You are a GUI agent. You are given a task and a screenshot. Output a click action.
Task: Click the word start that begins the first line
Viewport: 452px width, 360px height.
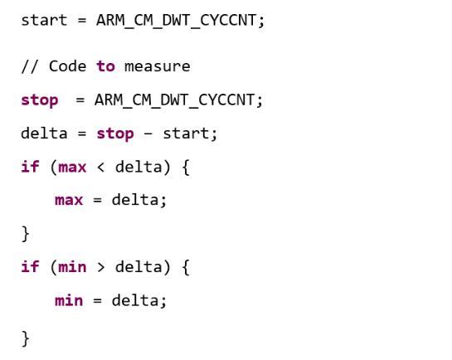click(44, 21)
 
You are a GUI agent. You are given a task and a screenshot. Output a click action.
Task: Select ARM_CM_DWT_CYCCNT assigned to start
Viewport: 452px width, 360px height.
click(176, 21)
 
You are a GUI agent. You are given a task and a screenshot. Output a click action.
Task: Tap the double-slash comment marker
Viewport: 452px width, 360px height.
click(29, 66)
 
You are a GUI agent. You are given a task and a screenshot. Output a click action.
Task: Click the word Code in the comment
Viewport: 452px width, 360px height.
click(67, 66)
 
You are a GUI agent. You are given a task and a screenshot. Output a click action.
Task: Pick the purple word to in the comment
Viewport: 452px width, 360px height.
click(105, 66)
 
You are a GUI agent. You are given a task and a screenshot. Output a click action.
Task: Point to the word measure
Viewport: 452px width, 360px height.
click(157, 67)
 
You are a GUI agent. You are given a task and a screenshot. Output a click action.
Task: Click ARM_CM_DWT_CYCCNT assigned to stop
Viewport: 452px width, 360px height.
click(174, 100)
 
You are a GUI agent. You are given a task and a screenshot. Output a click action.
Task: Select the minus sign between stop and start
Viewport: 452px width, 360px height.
click(148, 134)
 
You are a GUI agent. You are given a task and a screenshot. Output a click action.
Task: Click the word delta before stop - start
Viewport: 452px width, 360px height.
click(44, 134)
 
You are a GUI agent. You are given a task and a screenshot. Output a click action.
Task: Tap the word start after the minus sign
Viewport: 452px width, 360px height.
click(187, 134)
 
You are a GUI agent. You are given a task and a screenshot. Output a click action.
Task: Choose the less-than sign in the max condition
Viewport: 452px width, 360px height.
click(100, 168)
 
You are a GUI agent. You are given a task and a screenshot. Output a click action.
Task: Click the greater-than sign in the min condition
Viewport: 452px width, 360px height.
click(100, 267)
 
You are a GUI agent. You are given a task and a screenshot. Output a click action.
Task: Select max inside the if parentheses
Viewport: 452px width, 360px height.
click(72, 168)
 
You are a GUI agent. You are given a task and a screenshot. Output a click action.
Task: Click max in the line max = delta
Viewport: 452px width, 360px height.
click(69, 201)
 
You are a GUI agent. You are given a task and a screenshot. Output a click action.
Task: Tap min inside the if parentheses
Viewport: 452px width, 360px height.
click(72, 267)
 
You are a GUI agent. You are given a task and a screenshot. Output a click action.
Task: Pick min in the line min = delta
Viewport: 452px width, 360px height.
click(69, 300)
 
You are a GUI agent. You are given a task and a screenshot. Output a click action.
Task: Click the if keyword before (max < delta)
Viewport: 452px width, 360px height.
click(30, 167)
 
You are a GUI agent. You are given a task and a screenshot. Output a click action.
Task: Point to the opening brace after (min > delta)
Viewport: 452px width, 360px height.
click(186, 267)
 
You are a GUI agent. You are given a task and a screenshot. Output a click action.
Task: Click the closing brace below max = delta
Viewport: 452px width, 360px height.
click(26, 234)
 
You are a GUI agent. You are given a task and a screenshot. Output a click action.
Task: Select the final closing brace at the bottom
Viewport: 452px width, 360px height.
click(26, 338)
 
